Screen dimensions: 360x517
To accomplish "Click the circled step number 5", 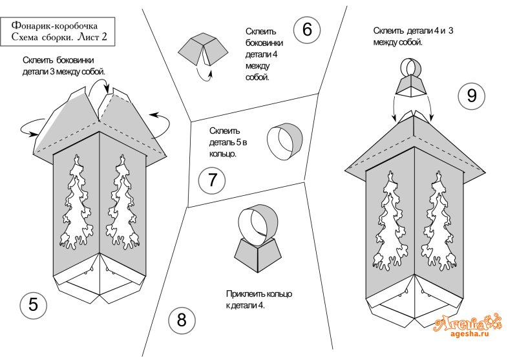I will click(x=33, y=304).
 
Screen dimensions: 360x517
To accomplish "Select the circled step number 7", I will click(x=212, y=180).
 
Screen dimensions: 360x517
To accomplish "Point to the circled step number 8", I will click(x=182, y=320).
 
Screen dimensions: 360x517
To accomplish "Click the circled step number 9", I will click(x=471, y=96).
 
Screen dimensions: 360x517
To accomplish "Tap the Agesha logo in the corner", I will click(x=468, y=321).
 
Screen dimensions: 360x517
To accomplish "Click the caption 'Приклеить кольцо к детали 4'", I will click(x=258, y=300).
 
